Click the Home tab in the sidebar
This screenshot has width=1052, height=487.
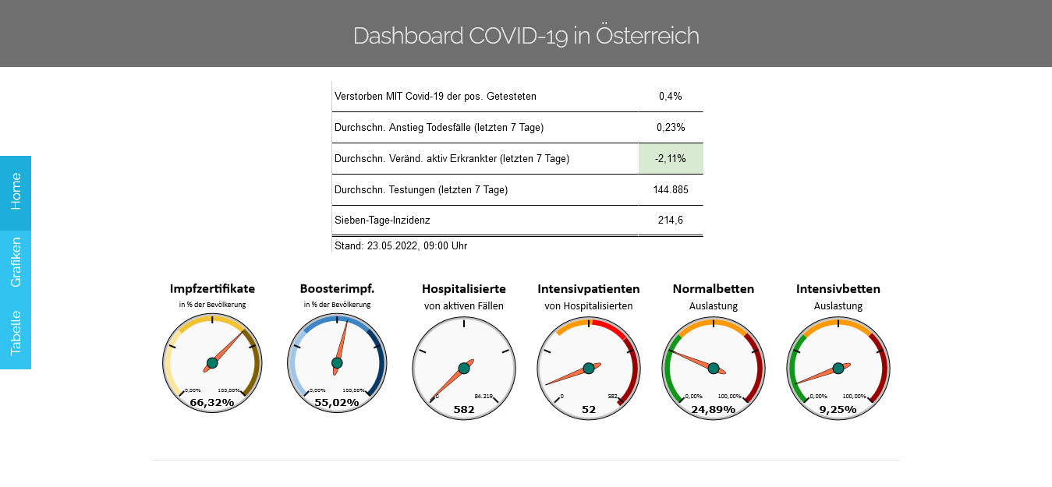pyautogui.click(x=16, y=192)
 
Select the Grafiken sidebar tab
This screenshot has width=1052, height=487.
pyautogui.click(x=16, y=263)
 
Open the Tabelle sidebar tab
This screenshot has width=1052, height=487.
pyautogui.click(x=16, y=333)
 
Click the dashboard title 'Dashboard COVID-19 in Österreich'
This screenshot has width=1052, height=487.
pyautogui.click(x=526, y=35)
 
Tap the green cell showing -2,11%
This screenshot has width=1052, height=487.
pyautogui.click(x=670, y=158)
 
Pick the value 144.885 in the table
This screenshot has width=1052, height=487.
pyautogui.click(x=670, y=189)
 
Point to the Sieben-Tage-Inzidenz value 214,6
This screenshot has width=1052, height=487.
pyautogui.click(x=670, y=221)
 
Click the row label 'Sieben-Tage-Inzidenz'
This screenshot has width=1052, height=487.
pyautogui.click(x=382, y=221)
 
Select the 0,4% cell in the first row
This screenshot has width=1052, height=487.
pyautogui.click(x=670, y=96)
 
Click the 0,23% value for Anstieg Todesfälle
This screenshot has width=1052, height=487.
pyautogui.click(x=670, y=127)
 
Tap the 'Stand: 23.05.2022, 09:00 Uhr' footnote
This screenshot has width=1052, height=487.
pyautogui.click(x=401, y=245)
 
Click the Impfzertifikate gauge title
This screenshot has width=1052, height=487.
pyautogui.click(x=212, y=289)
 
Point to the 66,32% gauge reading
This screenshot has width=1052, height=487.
pyautogui.click(x=212, y=402)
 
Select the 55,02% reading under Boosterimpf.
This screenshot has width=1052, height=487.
pyautogui.click(x=337, y=402)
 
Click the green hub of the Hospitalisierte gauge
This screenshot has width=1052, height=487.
pyautogui.click(x=464, y=368)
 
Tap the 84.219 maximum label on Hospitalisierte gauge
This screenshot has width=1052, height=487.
pyautogui.click(x=483, y=396)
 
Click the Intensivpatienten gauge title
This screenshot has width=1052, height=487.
pyautogui.click(x=589, y=289)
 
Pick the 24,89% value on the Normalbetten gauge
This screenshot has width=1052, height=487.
pyautogui.click(x=714, y=409)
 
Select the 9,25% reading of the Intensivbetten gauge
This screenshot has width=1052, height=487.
pyautogui.click(x=838, y=409)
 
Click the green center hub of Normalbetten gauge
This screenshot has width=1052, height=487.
pyautogui.click(x=714, y=368)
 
